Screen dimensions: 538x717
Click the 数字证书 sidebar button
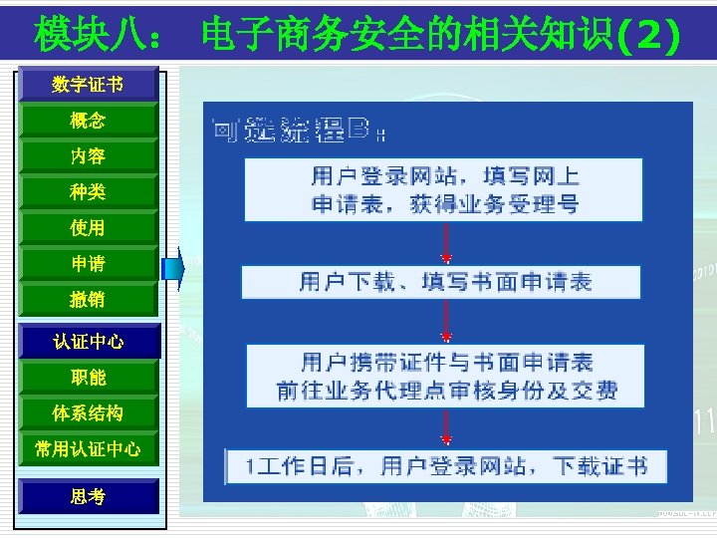[x=88, y=85]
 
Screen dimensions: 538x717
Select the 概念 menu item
[x=88, y=121]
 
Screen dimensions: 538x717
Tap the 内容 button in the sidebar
[x=88, y=156]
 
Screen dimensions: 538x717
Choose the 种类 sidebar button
[x=88, y=192]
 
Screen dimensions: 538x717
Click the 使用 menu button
[x=88, y=228]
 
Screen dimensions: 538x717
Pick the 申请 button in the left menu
[x=88, y=264]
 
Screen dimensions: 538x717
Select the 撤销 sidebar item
[x=88, y=300]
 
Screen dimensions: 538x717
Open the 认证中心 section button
[x=88, y=342]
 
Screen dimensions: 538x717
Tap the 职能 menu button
[x=88, y=378]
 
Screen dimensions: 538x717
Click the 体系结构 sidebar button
[x=88, y=413]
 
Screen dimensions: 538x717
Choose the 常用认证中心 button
[x=88, y=449]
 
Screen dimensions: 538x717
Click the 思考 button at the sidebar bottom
[x=88, y=496]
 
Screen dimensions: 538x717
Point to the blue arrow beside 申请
[x=175, y=267]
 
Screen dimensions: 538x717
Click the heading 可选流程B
[x=299, y=130]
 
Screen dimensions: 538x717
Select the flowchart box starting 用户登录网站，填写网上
[x=444, y=189]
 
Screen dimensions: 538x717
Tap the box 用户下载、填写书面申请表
[x=444, y=282]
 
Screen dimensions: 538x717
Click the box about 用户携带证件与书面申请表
[x=444, y=376]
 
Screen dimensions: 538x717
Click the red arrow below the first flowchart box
[x=445, y=243]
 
